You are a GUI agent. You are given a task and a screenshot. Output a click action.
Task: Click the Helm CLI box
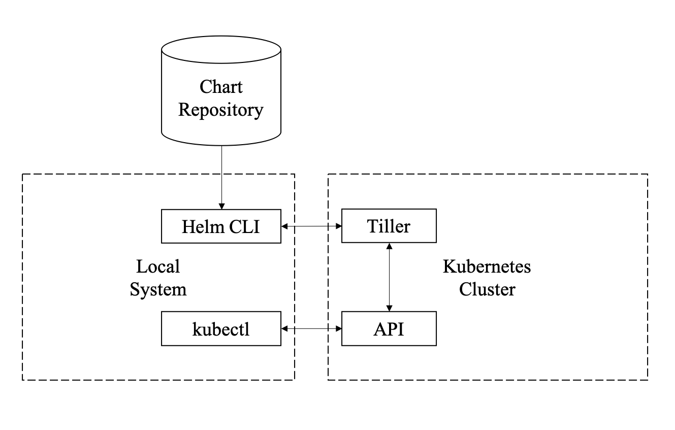pos(221,226)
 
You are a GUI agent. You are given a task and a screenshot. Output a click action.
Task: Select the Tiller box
pos(389,225)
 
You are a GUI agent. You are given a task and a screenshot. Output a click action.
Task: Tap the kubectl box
pos(221,329)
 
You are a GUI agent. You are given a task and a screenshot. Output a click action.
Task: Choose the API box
pos(389,329)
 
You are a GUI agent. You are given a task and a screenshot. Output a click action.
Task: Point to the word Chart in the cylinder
pos(221,87)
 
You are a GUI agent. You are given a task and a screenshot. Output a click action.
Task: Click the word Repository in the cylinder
pos(221,110)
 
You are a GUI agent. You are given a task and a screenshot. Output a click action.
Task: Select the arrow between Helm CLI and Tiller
pos(311,226)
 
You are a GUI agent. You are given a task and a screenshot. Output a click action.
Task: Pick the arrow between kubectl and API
pos(311,329)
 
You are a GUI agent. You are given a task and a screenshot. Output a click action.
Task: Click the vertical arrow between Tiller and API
pos(389,277)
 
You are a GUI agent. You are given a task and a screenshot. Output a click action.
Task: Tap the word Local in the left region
pos(158,266)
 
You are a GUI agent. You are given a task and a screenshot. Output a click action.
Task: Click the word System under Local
pos(158,289)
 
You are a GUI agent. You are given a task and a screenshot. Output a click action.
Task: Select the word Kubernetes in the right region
pos(487,267)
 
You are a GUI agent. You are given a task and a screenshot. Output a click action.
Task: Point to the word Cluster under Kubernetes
pos(487,289)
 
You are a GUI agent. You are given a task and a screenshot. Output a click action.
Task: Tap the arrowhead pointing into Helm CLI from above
pos(221,206)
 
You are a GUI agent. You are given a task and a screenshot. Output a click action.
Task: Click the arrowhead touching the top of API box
pos(389,308)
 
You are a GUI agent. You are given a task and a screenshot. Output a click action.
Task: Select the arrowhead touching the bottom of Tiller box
pos(389,246)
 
